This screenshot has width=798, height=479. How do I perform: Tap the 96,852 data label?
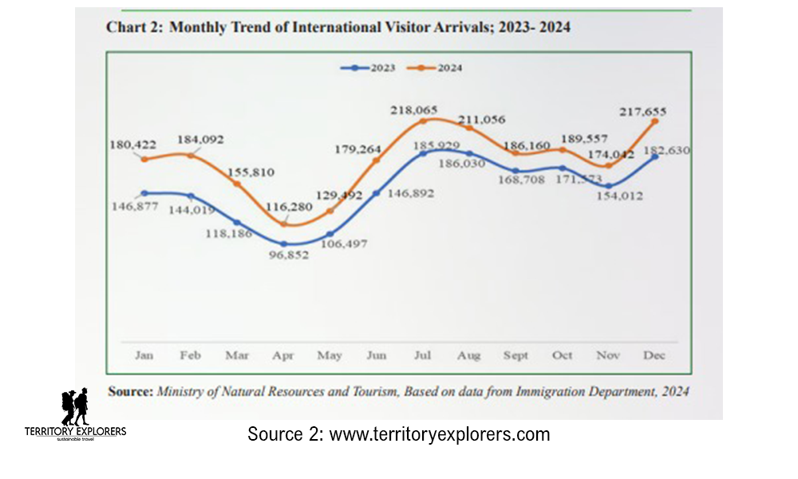(x=284, y=259)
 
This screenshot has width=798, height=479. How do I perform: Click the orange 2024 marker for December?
(x=656, y=121)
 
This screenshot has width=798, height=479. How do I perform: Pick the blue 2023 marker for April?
(x=283, y=243)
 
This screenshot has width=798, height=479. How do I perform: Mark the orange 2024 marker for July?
(x=424, y=121)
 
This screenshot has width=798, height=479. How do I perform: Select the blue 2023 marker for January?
(x=144, y=193)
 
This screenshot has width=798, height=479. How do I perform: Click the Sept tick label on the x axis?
(x=516, y=355)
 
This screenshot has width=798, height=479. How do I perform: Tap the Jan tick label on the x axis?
(x=144, y=355)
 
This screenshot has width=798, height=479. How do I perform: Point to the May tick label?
(x=330, y=355)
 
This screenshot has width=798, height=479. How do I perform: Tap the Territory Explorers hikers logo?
(x=75, y=407)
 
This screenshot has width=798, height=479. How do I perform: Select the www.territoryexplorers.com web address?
(x=440, y=435)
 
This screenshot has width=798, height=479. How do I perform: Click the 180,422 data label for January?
(x=133, y=144)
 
